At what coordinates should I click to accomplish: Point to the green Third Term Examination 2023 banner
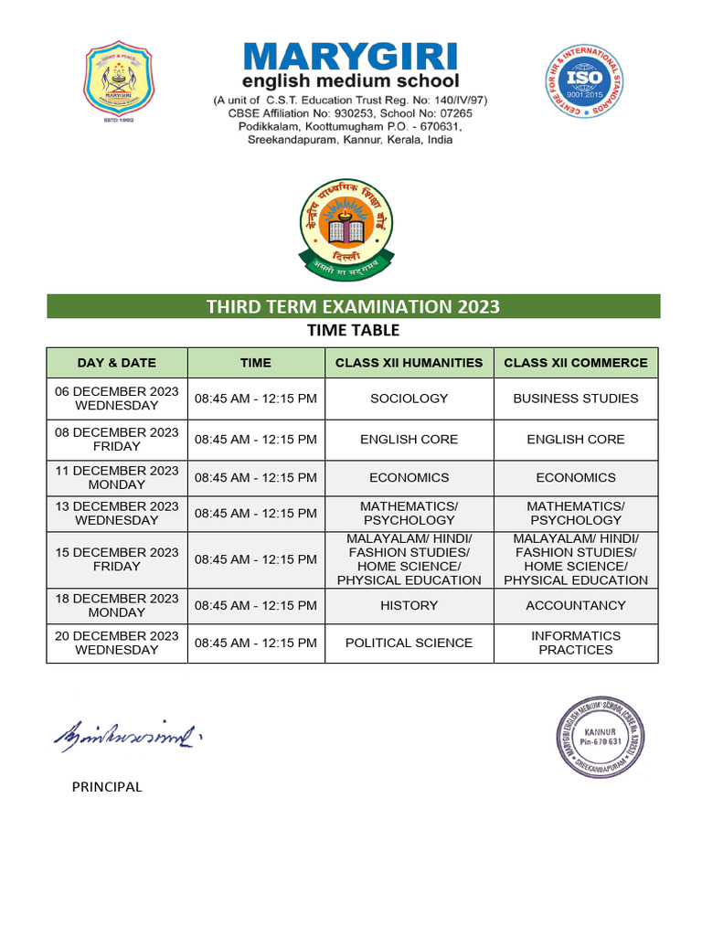coord(353,306)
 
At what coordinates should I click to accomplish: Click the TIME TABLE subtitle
coord(353,330)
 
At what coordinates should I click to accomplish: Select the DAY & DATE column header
coord(117,363)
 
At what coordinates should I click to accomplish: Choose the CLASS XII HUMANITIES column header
coord(409,363)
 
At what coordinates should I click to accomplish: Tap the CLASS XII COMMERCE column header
coord(576,363)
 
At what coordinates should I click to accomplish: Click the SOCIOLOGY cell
coord(409,399)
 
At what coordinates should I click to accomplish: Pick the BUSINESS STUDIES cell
coord(576,399)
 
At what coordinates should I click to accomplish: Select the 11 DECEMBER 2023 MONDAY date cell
coord(117,477)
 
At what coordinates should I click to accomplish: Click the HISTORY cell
coord(409,605)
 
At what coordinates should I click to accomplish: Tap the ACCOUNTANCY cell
coord(576,605)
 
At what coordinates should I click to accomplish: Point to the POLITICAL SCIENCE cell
coord(409,643)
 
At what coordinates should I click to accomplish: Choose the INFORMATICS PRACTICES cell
coord(576,643)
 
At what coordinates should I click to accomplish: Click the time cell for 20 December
coord(256,643)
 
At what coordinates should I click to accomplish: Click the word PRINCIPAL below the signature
coord(107,787)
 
